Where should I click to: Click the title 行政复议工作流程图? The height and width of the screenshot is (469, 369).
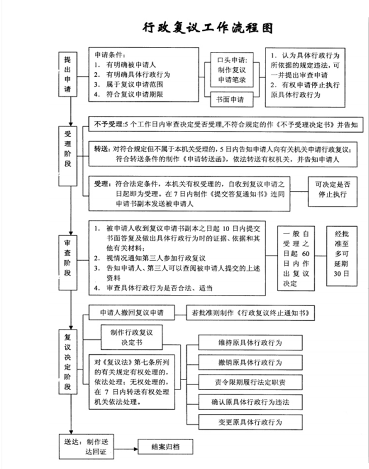(x=208, y=28)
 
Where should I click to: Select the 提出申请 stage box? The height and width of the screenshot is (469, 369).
(x=68, y=74)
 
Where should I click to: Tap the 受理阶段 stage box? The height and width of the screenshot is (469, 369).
(x=68, y=156)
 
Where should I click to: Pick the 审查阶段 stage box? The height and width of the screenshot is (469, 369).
(x=68, y=262)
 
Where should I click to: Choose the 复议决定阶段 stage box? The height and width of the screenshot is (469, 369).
(x=68, y=362)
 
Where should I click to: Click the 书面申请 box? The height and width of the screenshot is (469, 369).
(x=231, y=99)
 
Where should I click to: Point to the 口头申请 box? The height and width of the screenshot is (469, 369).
(x=232, y=70)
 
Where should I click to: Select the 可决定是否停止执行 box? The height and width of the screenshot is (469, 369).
(x=333, y=191)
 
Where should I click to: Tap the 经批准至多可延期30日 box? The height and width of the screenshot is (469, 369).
(x=342, y=256)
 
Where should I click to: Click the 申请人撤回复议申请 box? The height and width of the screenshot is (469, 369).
(x=131, y=312)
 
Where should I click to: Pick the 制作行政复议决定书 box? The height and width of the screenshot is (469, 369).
(x=131, y=337)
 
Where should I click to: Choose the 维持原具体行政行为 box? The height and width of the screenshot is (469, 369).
(x=250, y=343)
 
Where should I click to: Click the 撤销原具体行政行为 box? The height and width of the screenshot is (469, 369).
(x=250, y=363)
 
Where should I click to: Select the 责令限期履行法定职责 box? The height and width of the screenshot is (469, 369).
(x=250, y=382)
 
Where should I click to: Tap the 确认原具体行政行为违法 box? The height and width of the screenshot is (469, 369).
(x=250, y=402)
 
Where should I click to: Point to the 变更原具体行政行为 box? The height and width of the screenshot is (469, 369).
(x=250, y=422)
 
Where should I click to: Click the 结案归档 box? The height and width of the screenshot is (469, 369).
(x=165, y=447)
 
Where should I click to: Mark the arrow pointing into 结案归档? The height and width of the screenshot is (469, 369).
(x=126, y=449)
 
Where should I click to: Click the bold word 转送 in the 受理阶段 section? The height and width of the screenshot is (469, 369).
(x=102, y=149)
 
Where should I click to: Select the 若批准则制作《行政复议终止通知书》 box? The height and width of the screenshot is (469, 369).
(x=250, y=313)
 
